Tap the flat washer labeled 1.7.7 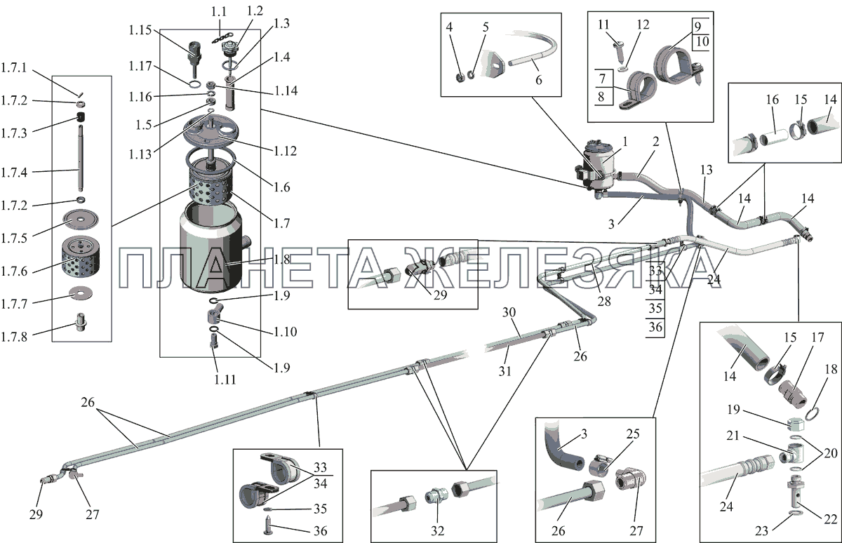pos(82,291)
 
